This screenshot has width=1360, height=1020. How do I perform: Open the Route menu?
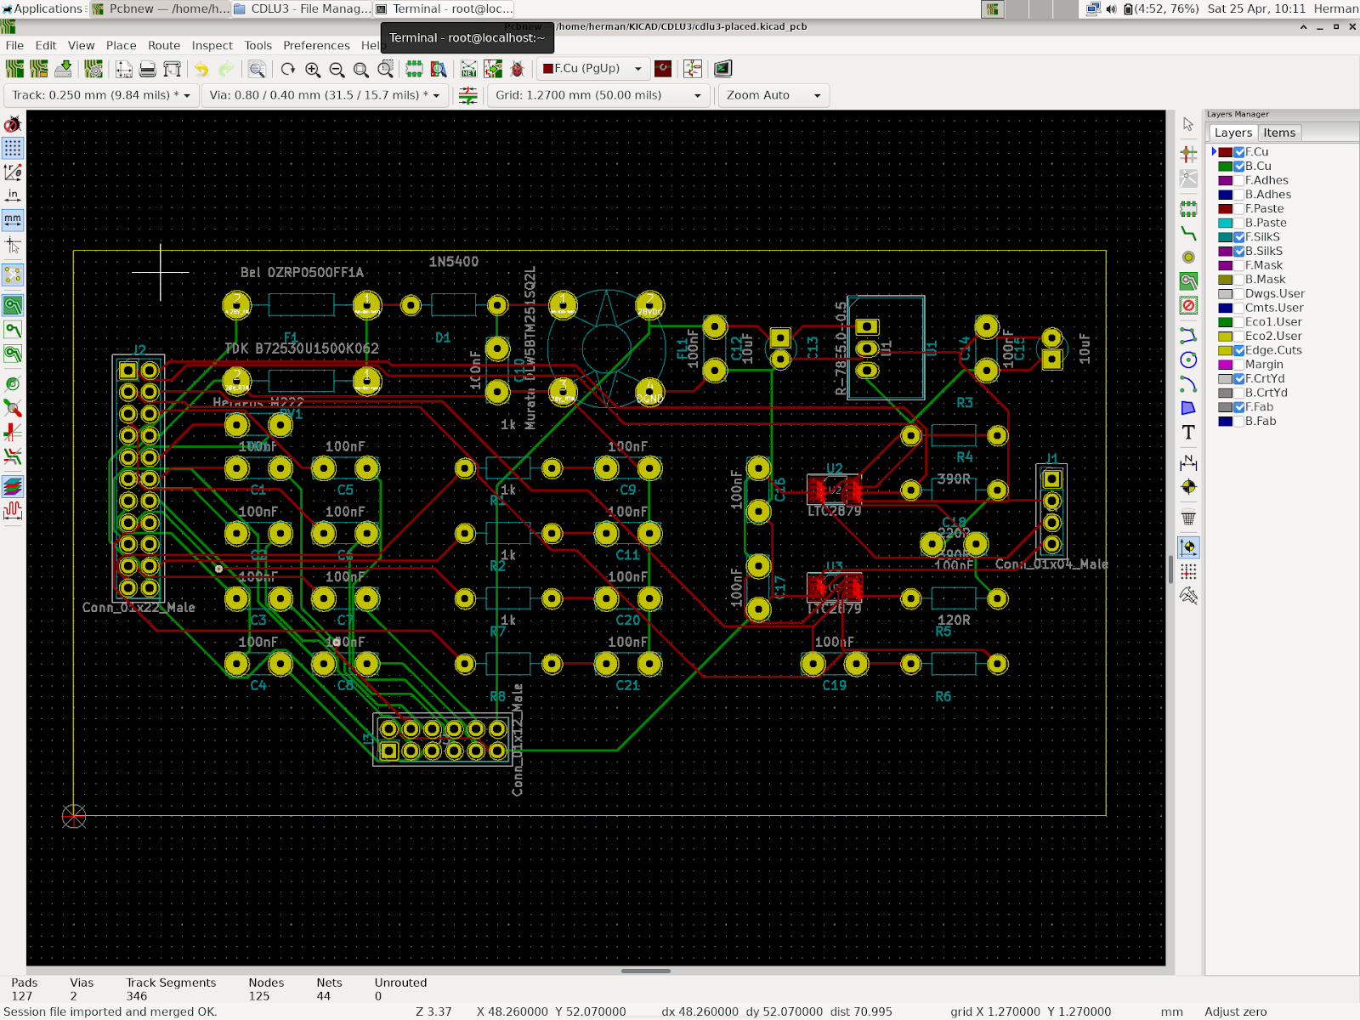pyautogui.click(x=163, y=45)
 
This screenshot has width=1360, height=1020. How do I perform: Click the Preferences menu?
pyautogui.click(x=316, y=45)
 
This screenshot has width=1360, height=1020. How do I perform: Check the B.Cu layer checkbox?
pyautogui.click(x=1239, y=167)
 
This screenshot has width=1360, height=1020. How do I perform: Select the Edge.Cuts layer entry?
pyautogui.click(x=1272, y=350)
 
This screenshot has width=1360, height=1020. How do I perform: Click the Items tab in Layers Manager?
pyautogui.click(x=1278, y=133)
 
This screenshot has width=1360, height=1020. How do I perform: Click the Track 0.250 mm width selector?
pyautogui.click(x=100, y=95)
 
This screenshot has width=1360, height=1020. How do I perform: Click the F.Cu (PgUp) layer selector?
pyautogui.click(x=592, y=69)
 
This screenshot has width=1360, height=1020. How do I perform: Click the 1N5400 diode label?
pyautogui.click(x=453, y=262)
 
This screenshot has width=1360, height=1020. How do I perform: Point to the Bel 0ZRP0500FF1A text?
pyautogui.click(x=302, y=273)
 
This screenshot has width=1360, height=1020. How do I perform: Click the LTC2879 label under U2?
pyautogui.click(x=834, y=511)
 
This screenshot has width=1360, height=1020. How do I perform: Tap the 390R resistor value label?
pyautogui.click(x=954, y=479)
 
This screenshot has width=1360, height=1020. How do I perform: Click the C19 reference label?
pyautogui.click(x=834, y=685)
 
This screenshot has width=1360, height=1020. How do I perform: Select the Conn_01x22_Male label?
pyautogui.click(x=139, y=608)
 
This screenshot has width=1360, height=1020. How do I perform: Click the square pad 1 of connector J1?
pyautogui.click(x=1051, y=479)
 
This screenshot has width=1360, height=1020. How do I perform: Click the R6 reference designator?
pyautogui.click(x=943, y=697)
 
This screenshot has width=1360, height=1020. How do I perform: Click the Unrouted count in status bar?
pyautogui.click(x=378, y=996)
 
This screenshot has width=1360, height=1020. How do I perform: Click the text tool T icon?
pyautogui.click(x=1188, y=433)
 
